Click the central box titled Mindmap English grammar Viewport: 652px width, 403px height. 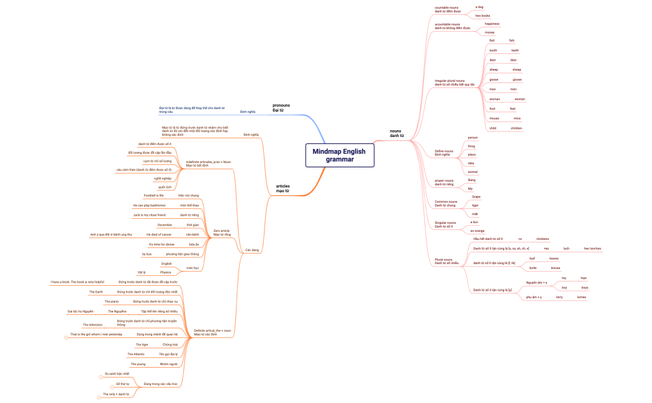pyautogui.click(x=339, y=155)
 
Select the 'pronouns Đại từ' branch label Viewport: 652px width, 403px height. pyautogui.click(x=281, y=108)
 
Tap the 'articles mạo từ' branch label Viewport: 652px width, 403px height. pyautogui.click(x=283, y=188)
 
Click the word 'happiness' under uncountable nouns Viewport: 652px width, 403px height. pyautogui.click(x=492, y=24)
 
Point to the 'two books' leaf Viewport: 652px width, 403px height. pyautogui.click(x=482, y=15)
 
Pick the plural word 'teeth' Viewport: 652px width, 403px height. pyautogui.click(x=515, y=50)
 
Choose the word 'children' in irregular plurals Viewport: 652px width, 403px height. pyautogui.click(x=516, y=128)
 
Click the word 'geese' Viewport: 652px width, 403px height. pyautogui.click(x=517, y=79)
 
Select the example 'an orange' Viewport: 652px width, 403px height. pyautogui.click(x=477, y=231)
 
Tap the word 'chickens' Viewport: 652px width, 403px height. pyautogui.click(x=542, y=238)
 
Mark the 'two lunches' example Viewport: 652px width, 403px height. pyautogui.click(x=592, y=248)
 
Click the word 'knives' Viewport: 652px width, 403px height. pyautogui.click(x=556, y=268)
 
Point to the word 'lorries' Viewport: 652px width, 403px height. pyautogui.click(x=581, y=297)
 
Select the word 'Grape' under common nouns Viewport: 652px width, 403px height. pyautogui.click(x=476, y=197)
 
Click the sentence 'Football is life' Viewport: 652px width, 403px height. pyautogui.click(x=153, y=195)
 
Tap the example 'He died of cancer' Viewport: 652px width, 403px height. pyautogui.click(x=159, y=234)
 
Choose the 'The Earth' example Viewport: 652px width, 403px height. pyautogui.click(x=96, y=291)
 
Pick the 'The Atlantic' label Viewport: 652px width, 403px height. pyautogui.click(x=135, y=354)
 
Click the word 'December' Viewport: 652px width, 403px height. pyautogui.click(x=165, y=224)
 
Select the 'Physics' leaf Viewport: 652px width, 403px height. pyautogui.click(x=165, y=272)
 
